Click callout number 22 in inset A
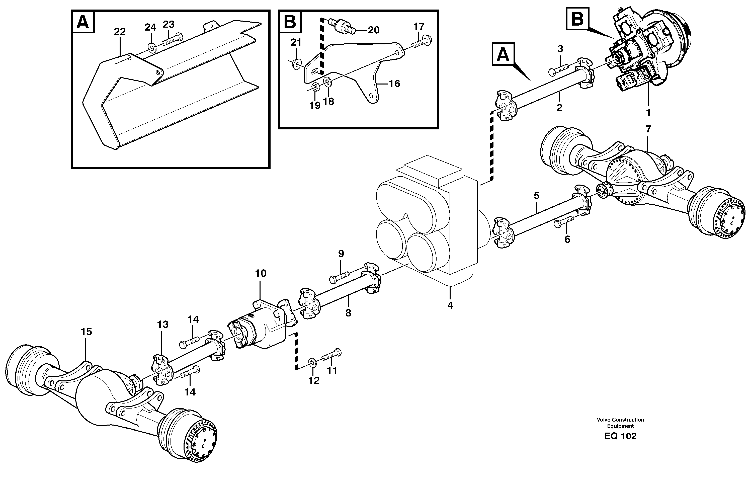(120, 32)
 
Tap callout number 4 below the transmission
(450, 305)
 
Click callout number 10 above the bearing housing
(261, 273)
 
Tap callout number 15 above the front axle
(86, 332)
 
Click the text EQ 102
(620, 436)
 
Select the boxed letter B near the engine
(577, 20)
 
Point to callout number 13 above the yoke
(163, 324)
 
